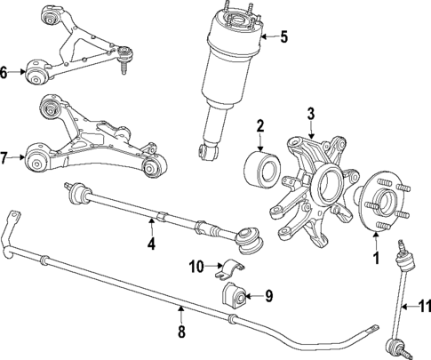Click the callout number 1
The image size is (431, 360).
[375, 260]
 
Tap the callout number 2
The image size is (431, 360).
[259, 125]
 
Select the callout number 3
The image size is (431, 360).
[311, 113]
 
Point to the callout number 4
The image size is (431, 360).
[151, 243]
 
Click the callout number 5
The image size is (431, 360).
[283, 37]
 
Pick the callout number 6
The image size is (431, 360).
[5, 73]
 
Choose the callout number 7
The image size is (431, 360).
[5, 159]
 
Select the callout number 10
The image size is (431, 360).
[196, 265]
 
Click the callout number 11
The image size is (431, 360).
[424, 307]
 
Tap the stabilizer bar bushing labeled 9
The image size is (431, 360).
[235, 294]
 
